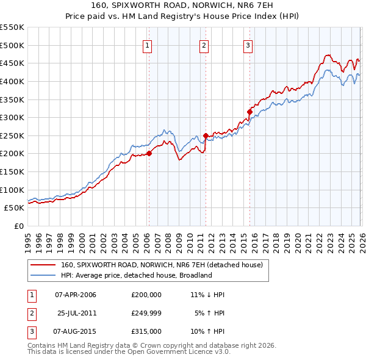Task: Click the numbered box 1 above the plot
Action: coord(148,44)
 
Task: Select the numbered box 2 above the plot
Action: coord(204,44)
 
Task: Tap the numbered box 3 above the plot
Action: coord(248,44)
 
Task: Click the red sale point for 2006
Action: coord(149,154)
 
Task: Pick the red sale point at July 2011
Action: coord(206,135)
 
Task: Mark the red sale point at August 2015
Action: coord(249,112)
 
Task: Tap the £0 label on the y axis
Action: coord(18,226)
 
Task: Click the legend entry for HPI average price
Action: coord(136,275)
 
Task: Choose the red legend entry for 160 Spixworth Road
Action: coord(162,265)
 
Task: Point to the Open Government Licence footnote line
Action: coord(129,352)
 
